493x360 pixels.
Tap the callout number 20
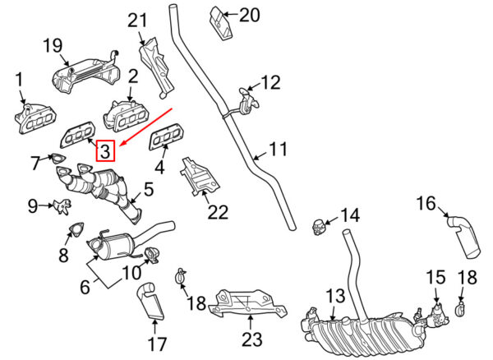(248, 15)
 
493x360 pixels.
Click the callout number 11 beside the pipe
(279, 150)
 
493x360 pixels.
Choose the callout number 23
(251, 339)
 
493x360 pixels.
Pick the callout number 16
(426, 203)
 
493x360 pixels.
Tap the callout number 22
(217, 212)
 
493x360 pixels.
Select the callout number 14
(350, 215)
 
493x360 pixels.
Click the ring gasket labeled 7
(58, 157)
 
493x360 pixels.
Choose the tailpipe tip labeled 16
(462, 234)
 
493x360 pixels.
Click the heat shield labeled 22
(197, 177)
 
